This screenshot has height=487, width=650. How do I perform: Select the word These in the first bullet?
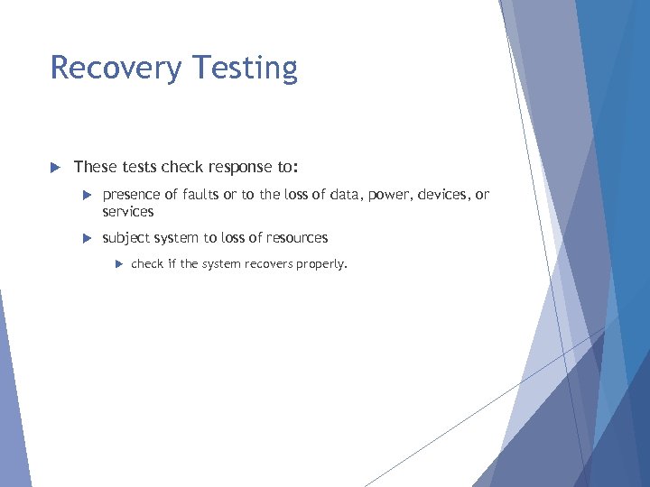tap(95, 167)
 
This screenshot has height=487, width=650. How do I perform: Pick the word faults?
tap(203, 195)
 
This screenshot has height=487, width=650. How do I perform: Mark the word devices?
tap(447, 195)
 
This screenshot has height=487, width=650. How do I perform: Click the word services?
tap(128, 212)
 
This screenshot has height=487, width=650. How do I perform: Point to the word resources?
tap(294, 238)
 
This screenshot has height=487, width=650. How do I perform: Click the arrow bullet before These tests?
tap(54, 167)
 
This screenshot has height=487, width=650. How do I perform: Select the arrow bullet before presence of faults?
tap(86, 195)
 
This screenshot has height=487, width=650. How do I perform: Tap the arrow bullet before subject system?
tap(86, 238)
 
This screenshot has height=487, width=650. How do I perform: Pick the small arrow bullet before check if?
tap(117, 264)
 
